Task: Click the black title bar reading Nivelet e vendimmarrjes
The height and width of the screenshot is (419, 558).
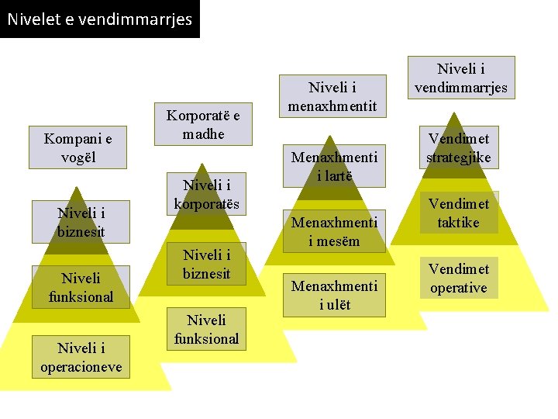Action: (x=99, y=19)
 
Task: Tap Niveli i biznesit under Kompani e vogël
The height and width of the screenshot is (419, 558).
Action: (x=81, y=222)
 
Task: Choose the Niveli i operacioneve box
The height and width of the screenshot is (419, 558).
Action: (x=81, y=358)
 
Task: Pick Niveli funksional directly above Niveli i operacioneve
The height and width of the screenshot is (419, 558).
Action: (x=81, y=286)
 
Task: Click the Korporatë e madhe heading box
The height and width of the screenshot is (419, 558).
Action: (x=204, y=124)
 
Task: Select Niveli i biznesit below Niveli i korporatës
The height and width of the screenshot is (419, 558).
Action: (x=206, y=264)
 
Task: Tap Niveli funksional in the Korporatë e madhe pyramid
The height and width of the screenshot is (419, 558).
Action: (x=206, y=329)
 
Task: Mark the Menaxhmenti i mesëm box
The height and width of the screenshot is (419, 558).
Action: (x=334, y=231)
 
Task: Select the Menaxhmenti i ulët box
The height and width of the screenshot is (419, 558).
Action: (x=334, y=296)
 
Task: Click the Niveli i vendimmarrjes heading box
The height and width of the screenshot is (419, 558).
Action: (x=461, y=78)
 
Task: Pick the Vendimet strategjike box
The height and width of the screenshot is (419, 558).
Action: (x=459, y=148)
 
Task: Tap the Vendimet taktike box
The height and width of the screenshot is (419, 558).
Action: (x=459, y=213)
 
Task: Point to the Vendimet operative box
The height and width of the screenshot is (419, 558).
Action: (x=459, y=279)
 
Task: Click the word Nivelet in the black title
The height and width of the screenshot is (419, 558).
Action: (x=33, y=19)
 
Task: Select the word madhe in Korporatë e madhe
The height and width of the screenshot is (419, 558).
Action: (x=204, y=133)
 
